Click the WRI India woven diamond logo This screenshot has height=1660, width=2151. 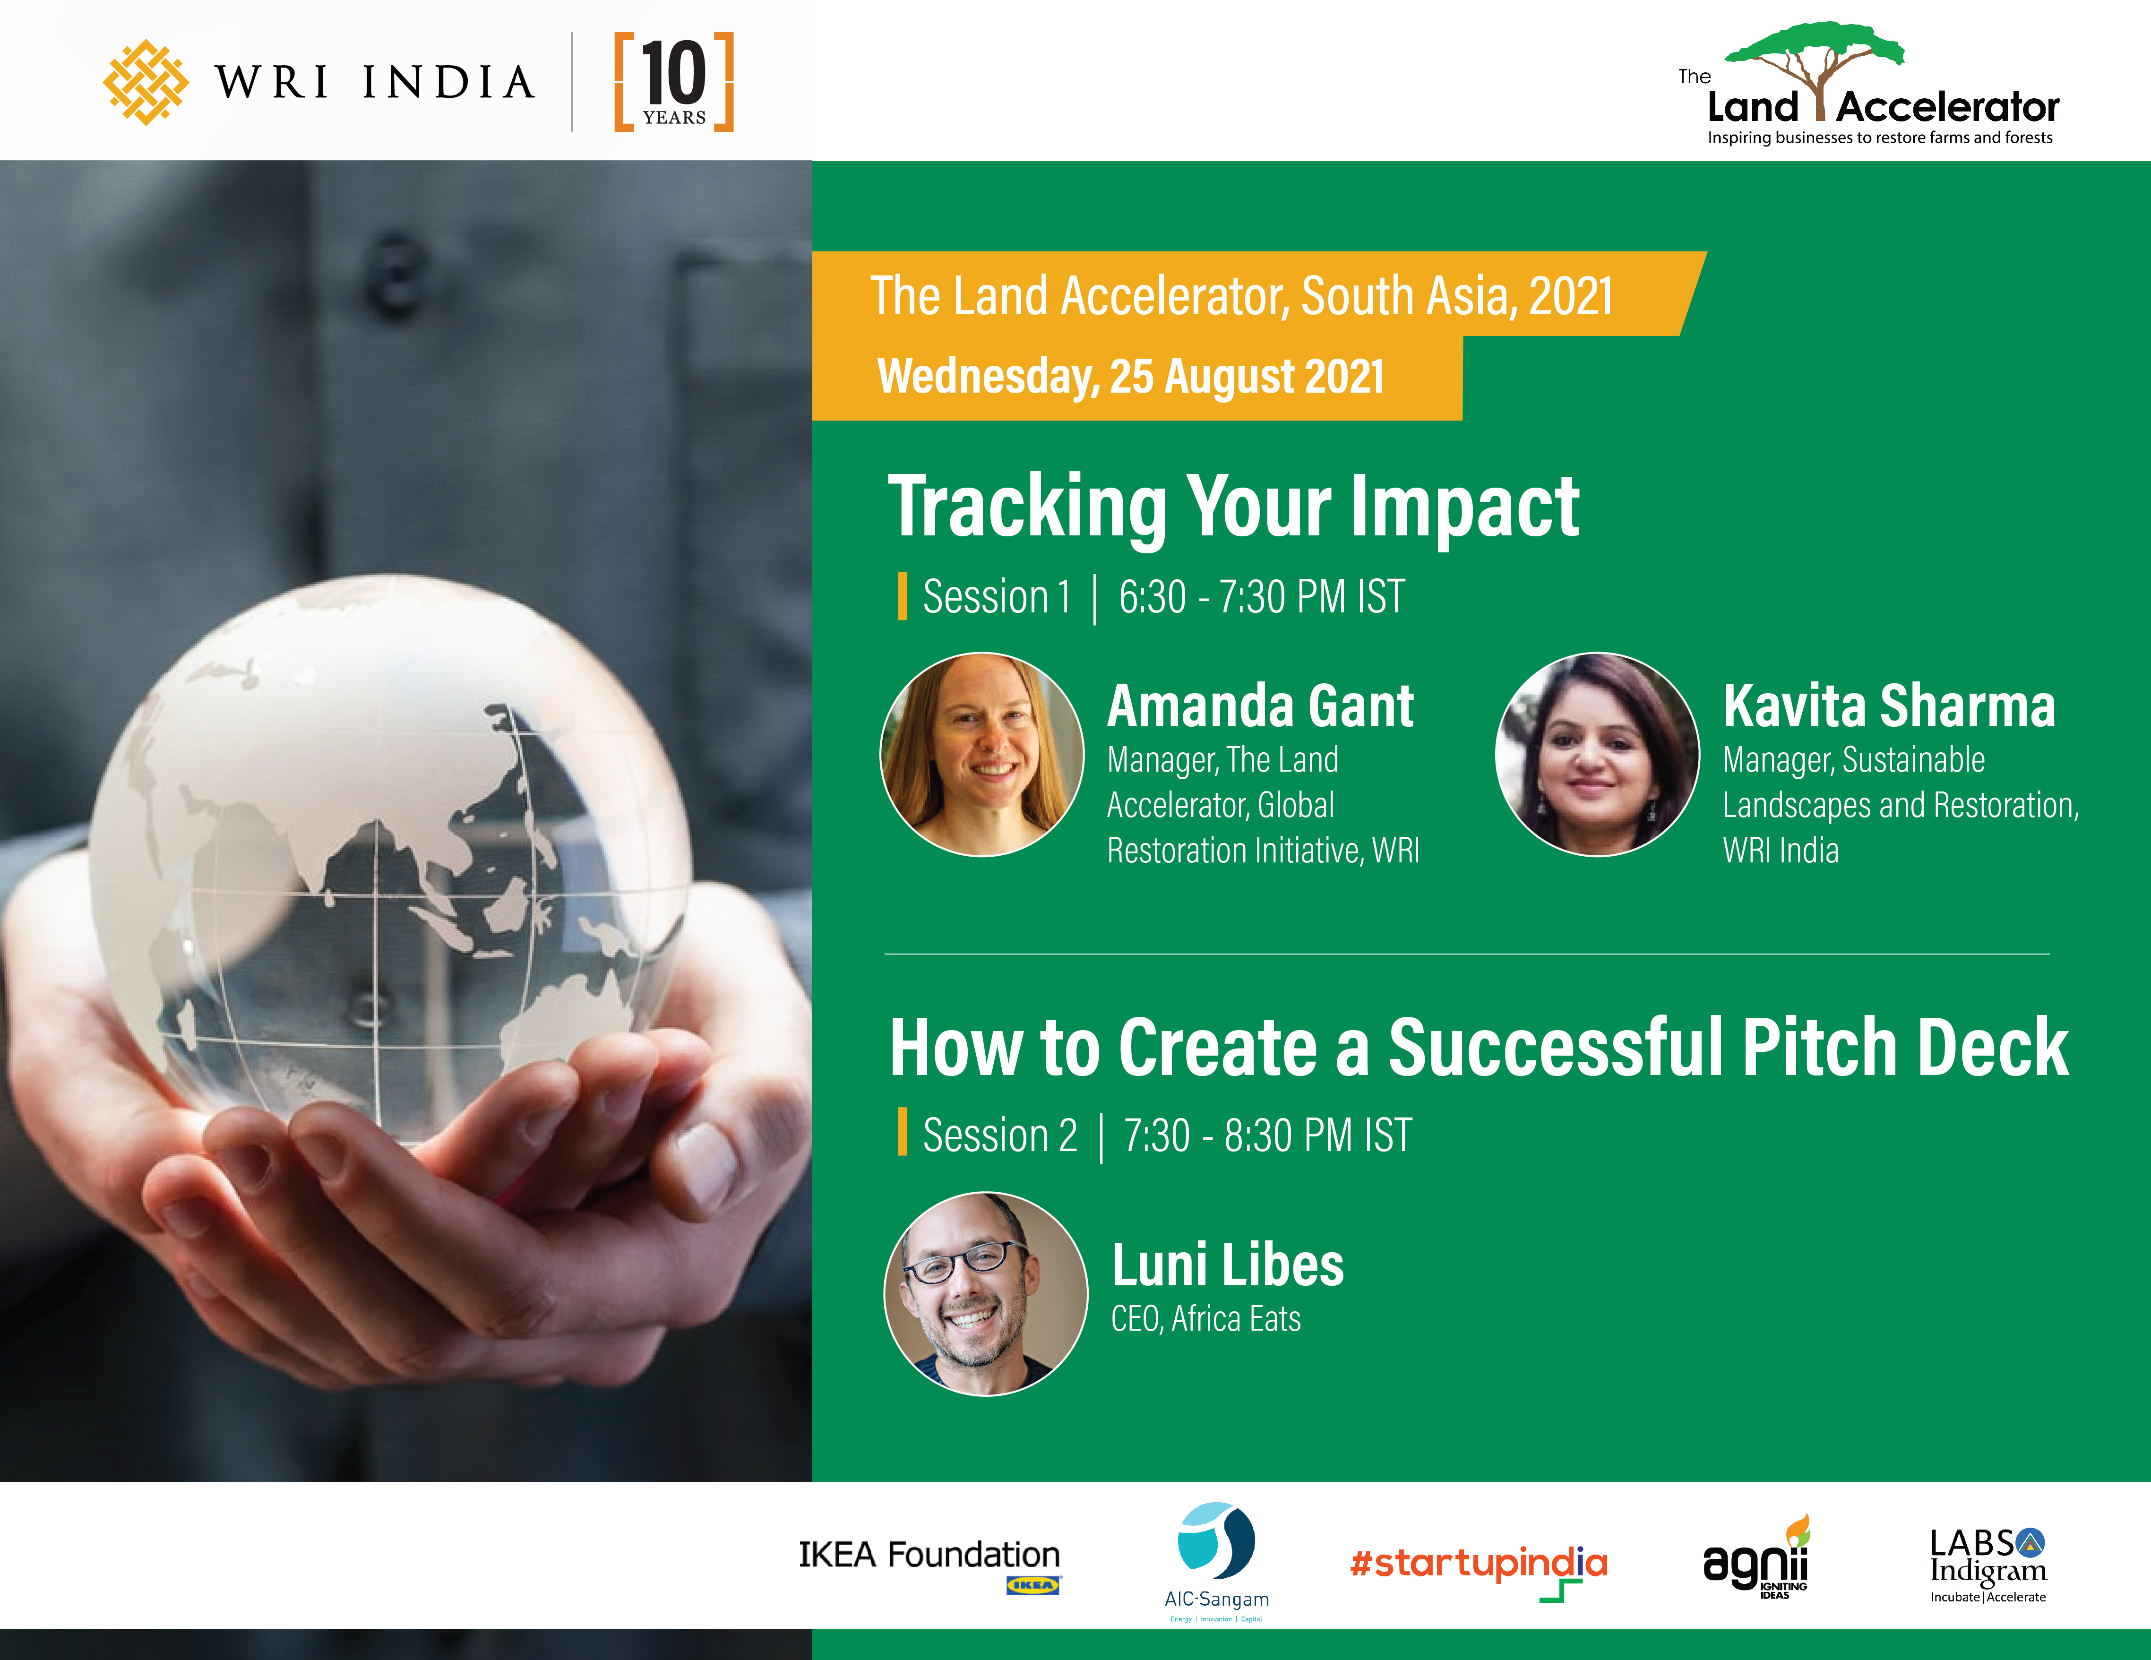pos(146,83)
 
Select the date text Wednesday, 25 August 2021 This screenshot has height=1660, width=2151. pos(1131,376)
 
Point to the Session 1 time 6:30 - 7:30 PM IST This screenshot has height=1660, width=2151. pos(1262,597)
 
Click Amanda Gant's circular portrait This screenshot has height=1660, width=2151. pos(982,755)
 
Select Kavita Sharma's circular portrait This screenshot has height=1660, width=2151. pos(1598,755)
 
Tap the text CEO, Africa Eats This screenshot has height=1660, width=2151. pos(1205,1319)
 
